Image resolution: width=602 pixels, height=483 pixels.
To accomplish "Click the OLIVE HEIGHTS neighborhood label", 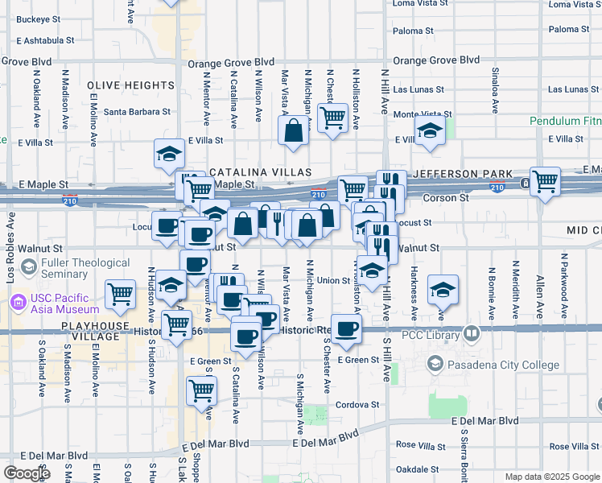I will (x=130, y=85).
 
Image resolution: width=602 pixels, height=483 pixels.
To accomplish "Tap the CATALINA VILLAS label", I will (x=260, y=172).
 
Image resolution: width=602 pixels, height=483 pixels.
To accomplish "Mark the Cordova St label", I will (x=357, y=405).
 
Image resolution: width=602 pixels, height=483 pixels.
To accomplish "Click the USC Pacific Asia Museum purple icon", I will (x=17, y=303).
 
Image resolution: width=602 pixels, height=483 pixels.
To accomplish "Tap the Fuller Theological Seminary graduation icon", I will (x=28, y=267).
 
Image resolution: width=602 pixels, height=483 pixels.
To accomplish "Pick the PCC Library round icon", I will (x=472, y=332).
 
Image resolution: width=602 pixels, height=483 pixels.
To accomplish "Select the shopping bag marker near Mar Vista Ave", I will (x=294, y=130).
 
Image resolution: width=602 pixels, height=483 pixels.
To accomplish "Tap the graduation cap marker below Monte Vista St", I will (x=431, y=131).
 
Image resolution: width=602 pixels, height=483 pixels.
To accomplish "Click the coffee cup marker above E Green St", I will (x=347, y=328).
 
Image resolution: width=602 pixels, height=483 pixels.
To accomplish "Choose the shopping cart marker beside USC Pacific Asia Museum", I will (x=121, y=294).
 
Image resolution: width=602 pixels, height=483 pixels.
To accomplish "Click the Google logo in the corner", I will (x=27, y=473).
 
